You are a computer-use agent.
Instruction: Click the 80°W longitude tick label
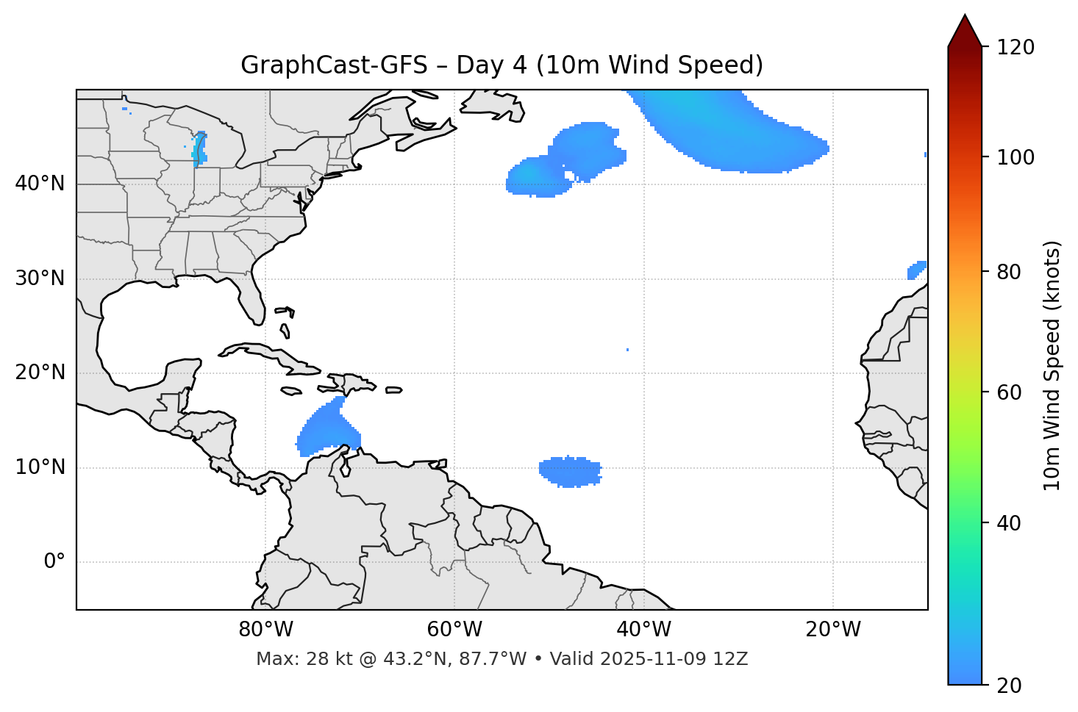(x=265, y=630)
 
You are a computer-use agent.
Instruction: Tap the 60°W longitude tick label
(x=454, y=630)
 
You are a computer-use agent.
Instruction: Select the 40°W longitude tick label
(x=643, y=630)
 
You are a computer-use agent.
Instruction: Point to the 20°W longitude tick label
(x=833, y=630)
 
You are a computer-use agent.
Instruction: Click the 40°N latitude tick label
(x=40, y=184)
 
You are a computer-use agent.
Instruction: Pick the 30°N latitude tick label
(x=40, y=278)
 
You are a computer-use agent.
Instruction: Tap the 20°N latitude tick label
(x=40, y=373)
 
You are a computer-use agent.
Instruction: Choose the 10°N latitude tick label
(x=40, y=467)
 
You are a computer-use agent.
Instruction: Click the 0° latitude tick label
(x=54, y=562)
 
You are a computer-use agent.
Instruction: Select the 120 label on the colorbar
(x=1015, y=48)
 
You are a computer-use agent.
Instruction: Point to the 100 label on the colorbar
(x=1015, y=157)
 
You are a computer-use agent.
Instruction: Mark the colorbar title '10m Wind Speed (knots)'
(x=1052, y=365)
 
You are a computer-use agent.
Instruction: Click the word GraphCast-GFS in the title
(x=334, y=65)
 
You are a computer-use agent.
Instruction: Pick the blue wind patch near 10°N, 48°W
(x=570, y=471)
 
